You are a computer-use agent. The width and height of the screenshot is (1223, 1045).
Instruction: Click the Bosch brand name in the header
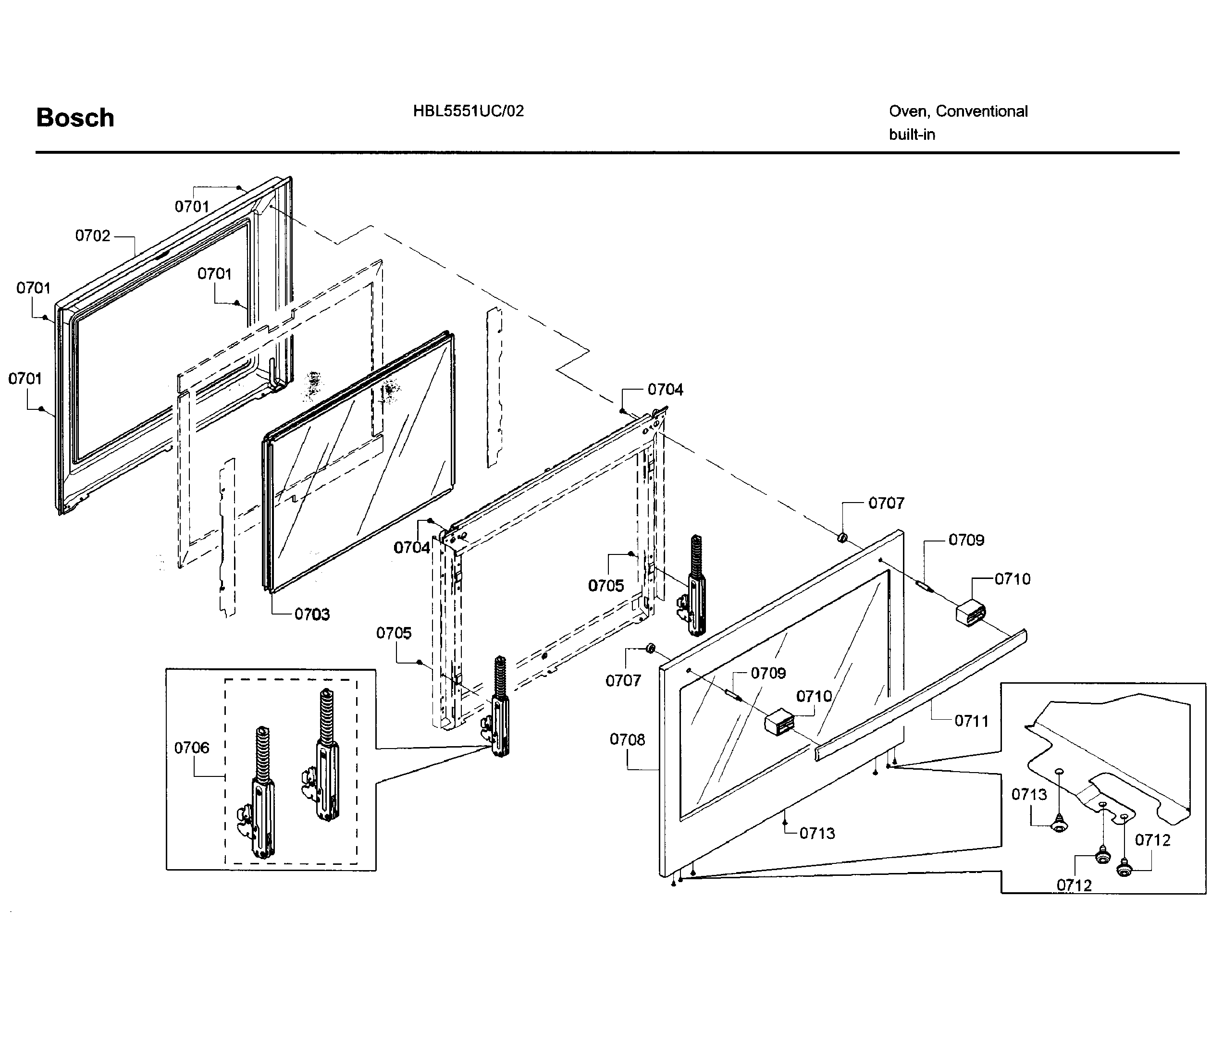(75, 118)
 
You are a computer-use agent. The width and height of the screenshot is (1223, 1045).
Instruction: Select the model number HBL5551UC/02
(468, 111)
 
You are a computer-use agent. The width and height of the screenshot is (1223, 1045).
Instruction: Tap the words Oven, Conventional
(958, 111)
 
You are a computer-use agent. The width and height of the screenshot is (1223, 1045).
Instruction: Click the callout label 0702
(93, 235)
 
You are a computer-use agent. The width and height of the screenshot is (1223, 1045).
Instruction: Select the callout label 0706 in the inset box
(191, 748)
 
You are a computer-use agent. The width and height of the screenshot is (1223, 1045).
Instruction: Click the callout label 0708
(627, 739)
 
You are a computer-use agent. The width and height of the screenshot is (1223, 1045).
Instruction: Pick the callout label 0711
(971, 721)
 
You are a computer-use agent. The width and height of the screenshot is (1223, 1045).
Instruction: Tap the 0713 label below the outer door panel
(817, 833)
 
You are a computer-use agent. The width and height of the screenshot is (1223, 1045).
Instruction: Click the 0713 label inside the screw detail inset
(1029, 794)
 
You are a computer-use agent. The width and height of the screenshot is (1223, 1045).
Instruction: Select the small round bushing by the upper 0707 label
(842, 538)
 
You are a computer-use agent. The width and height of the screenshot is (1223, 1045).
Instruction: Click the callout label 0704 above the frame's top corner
(665, 390)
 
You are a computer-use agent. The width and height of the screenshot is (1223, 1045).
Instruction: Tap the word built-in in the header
(912, 135)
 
